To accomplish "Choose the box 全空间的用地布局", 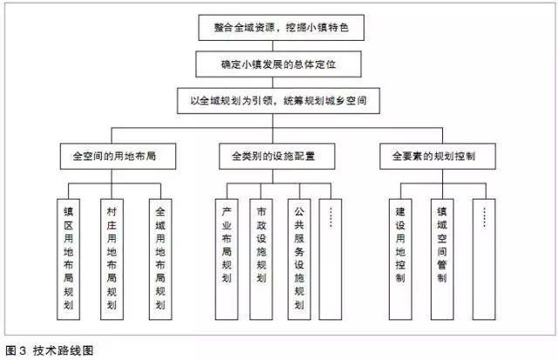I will coord(114,159).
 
